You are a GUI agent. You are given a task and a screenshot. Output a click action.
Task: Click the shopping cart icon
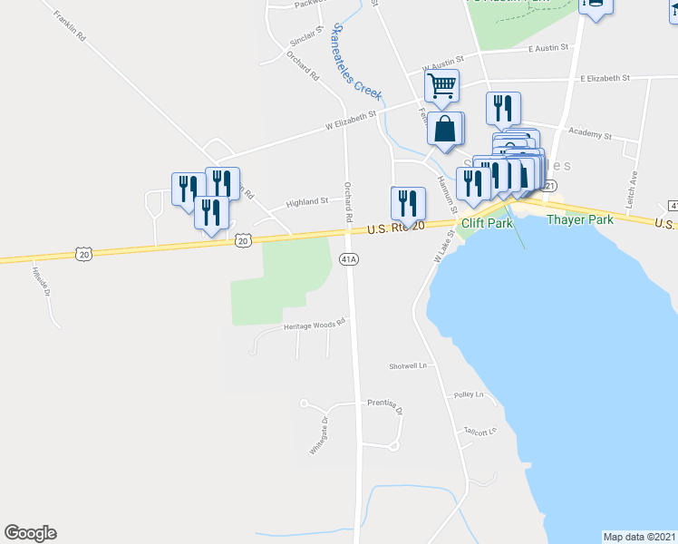(442, 87)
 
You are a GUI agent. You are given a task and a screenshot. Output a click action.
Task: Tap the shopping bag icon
(445, 129)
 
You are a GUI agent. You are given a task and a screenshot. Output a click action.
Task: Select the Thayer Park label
(579, 219)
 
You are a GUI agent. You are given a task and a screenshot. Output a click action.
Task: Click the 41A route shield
(350, 259)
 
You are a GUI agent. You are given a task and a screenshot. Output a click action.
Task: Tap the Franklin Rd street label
(69, 27)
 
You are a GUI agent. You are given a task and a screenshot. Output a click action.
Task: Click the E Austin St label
(547, 48)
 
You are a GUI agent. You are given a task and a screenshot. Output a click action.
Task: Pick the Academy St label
(589, 133)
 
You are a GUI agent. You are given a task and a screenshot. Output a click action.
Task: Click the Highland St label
(307, 202)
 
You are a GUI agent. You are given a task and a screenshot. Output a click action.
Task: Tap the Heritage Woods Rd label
(315, 324)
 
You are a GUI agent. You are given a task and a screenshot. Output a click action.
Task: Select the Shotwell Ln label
(408, 365)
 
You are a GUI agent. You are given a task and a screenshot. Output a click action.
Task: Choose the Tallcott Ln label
(480, 432)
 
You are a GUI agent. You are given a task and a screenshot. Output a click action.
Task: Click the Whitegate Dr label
(317, 434)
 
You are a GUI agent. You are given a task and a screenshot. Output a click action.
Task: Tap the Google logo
(30, 533)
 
